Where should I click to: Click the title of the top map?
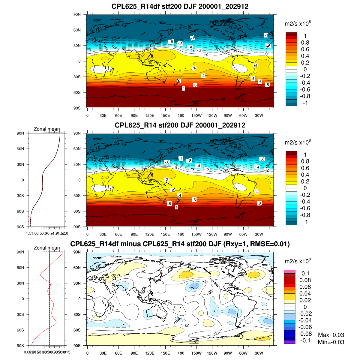click(x=180, y=6)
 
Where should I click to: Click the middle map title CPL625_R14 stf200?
click(x=180, y=125)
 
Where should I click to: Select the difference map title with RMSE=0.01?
click(x=180, y=244)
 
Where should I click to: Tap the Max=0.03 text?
click(x=331, y=335)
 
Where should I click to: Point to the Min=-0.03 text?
click(x=331, y=342)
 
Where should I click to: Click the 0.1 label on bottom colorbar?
click(x=305, y=274)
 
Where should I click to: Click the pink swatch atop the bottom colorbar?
click(x=290, y=271)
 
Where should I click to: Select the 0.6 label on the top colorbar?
click(x=305, y=49)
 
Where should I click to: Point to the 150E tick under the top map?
click(x=165, y=115)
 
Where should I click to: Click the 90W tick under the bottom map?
click(x=228, y=353)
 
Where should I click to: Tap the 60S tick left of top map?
click(x=77, y=92)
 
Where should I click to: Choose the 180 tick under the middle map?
click(x=181, y=234)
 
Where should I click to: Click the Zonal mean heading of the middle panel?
click(x=47, y=129)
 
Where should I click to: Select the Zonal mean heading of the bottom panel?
click(x=47, y=248)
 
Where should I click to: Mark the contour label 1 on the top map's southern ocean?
click(x=184, y=88)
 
